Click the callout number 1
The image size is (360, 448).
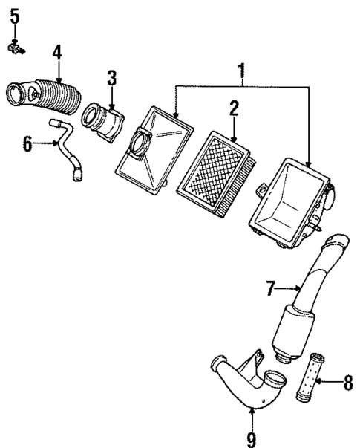click(x=240, y=72)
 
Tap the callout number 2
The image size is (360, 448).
click(x=233, y=109)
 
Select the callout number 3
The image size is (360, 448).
click(x=111, y=77)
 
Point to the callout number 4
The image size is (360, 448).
click(x=57, y=52)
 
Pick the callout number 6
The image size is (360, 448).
click(x=27, y=142)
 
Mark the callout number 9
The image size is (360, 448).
click(x=251, y=439)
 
